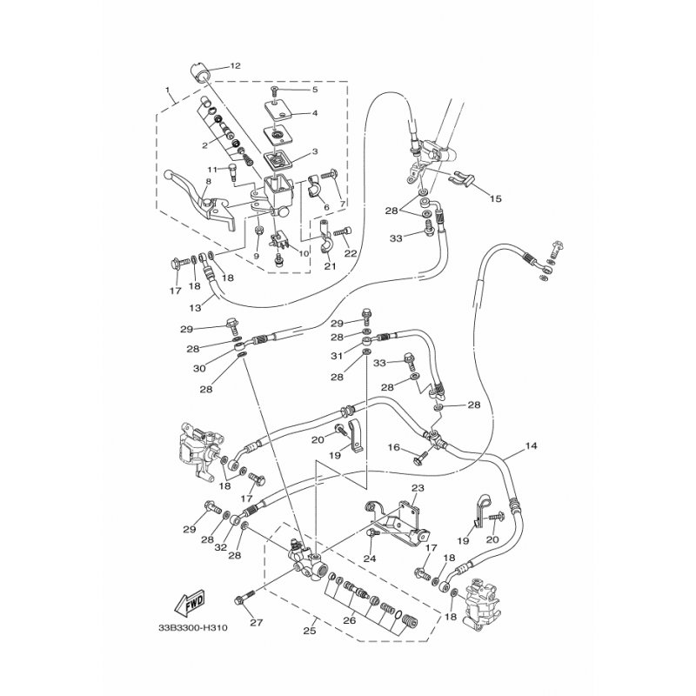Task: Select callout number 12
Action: tap(235, 65)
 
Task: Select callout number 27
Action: tap(256, 623)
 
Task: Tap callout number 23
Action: tap(417, 489)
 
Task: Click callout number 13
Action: tap(195, 306)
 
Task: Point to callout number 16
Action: tap(393, 447)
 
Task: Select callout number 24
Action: tap(369, 559)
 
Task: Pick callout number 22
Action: tap(351, 253)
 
